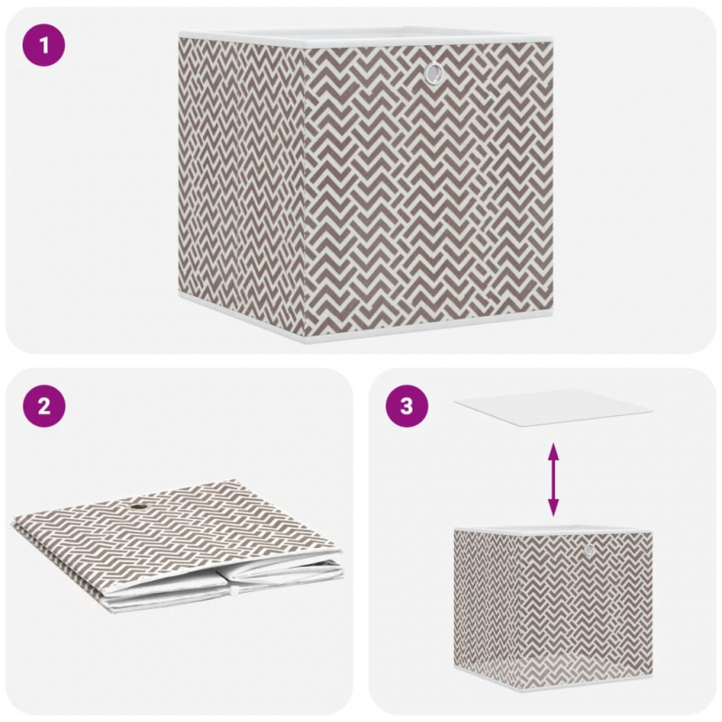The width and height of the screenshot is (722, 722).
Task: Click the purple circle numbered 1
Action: [x=43, y=45]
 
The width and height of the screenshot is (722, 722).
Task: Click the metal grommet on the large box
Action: [x=434, y=74]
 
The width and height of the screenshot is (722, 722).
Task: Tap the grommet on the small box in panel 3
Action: [x=588, y=549]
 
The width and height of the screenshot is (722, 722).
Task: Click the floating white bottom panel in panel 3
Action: [x=553, y=407]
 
